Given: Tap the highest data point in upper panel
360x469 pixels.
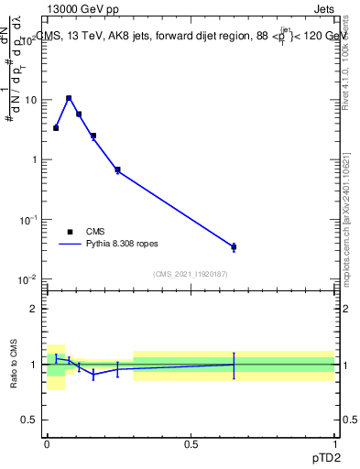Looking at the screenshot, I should [x=69, y=98].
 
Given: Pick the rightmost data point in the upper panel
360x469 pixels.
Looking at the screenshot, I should [x=234, y=246].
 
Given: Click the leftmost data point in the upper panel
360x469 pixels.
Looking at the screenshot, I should [x=56, y=128].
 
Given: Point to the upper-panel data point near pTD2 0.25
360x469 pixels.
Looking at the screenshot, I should [x=117, y=169].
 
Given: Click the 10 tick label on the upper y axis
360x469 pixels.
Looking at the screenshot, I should [x=31, y=100].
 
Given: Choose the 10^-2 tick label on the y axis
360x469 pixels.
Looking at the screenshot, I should [x=28, y=279].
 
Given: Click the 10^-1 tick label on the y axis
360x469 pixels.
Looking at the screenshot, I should [x=28, y=220].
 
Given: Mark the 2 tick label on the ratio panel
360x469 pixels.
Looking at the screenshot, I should [x=35, y=309].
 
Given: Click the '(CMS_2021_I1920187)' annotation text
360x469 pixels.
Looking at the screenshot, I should [x=191, y=274].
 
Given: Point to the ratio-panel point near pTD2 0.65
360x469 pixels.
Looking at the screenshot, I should [x=234, y=365].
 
